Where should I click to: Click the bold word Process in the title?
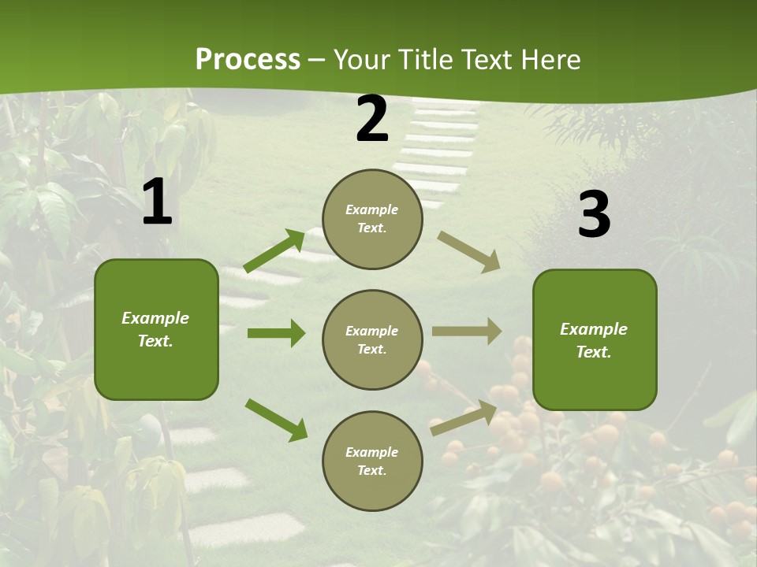point(248,60)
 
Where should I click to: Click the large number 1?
point(157,202)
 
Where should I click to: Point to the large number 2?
point(372,120)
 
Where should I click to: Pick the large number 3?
point(594,215)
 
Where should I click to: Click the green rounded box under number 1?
point(156,329)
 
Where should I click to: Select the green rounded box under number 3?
point(595,340)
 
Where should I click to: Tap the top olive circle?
point(372,219)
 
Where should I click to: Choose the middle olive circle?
point(372,339)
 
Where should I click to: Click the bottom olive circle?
point(372,461)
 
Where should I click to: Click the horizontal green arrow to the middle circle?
point(276,333)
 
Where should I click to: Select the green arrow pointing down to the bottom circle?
point(276,420)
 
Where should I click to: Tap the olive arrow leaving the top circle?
point(469,251)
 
